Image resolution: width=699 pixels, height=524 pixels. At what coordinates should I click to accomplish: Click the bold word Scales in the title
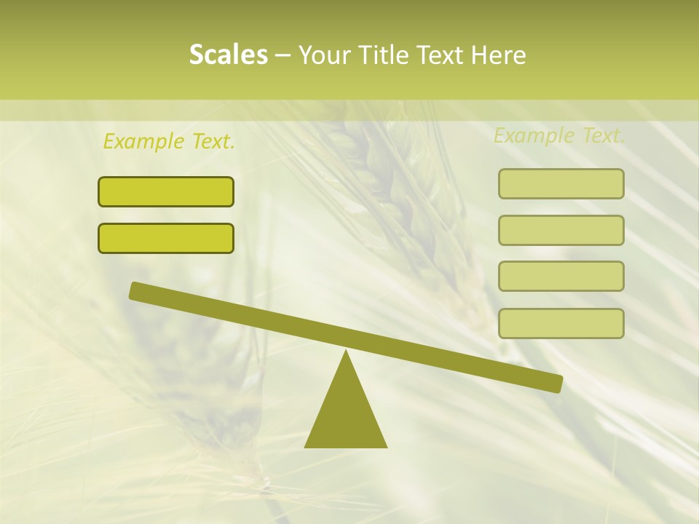click(228, 55)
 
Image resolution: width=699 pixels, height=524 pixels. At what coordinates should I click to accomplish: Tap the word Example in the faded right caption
click(534, 135)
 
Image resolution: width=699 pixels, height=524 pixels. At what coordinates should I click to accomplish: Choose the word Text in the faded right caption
click(602, 135)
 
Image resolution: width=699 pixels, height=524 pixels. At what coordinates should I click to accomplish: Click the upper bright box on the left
click(166, 191)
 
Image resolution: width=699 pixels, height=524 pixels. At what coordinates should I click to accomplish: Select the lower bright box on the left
click(166, 238)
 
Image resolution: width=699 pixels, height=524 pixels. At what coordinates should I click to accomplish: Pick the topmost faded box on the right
click(561, 183)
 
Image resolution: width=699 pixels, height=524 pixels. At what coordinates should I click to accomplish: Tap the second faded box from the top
click(561, 230)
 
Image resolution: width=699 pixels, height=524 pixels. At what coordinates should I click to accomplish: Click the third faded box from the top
click(561, 276)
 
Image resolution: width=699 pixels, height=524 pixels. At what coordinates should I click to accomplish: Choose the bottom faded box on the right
click(561, 323)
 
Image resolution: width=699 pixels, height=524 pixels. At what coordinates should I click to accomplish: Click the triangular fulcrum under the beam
click(345, 415)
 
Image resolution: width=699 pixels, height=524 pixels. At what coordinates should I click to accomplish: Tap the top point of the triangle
click(345, 353)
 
